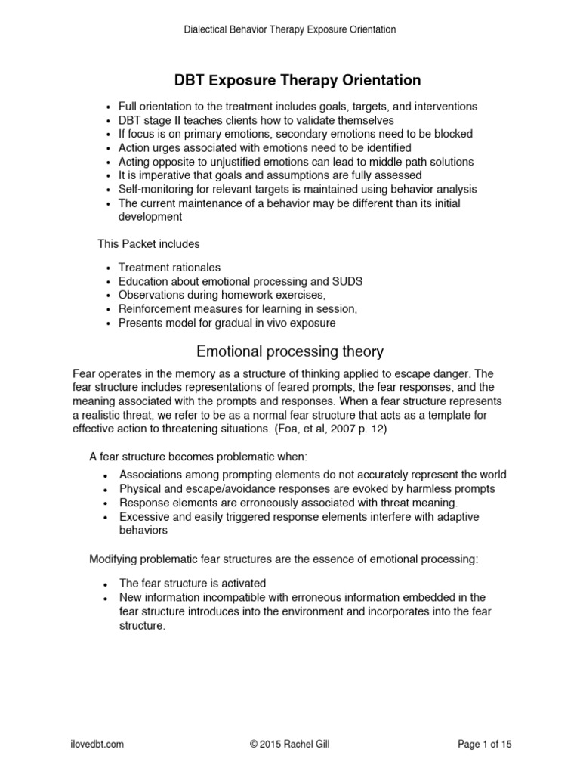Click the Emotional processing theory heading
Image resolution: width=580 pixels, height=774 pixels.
(290, 351)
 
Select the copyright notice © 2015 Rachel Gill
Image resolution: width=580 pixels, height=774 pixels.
(290, 745)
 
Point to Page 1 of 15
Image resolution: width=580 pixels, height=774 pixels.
(485, 745)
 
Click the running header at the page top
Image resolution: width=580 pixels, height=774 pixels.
(290, 29)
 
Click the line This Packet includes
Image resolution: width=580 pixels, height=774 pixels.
(149, 243)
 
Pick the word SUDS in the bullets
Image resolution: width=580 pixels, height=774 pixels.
(348, 281)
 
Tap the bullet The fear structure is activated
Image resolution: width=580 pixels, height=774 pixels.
(193, 584)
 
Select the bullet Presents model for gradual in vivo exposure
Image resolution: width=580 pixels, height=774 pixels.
(227, 323)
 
